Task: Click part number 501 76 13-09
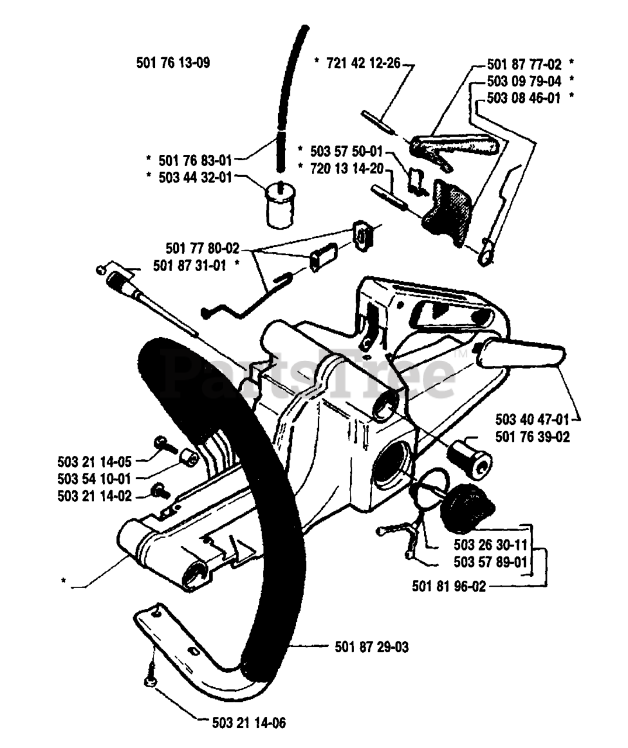coord(173,63)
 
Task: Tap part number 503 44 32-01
coord(195,176)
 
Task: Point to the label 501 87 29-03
coord(372,647)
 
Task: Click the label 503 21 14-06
coord(249,723)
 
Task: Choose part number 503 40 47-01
coord(532,419)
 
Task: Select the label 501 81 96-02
coord(449,587)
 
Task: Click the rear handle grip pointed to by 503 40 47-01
coord(521,355)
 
